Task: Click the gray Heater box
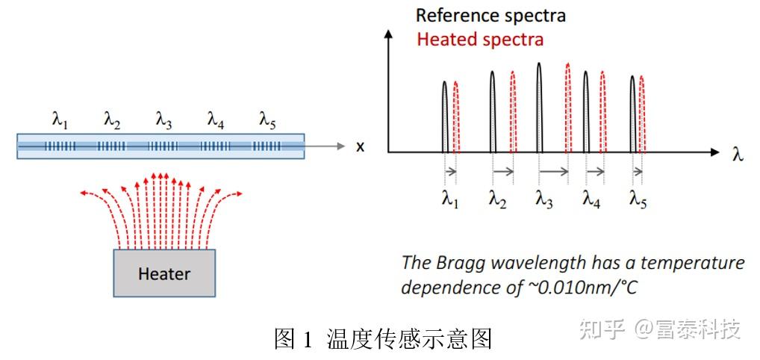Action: [164, 273]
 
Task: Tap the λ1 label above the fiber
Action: [60, 120]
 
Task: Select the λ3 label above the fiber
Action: [164, 120]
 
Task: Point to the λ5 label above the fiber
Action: [268, 120]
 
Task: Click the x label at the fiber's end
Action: [360, 147]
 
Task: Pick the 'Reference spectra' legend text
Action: [490, 15]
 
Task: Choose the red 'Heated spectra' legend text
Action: [480, 39]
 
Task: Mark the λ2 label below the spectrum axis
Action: [498, 199]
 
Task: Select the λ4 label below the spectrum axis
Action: [591, 199]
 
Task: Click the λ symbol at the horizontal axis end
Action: [738, 155]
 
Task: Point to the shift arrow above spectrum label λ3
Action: [553, 172]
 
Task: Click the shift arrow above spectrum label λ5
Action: [637, 172]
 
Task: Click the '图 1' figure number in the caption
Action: [295, 339]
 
